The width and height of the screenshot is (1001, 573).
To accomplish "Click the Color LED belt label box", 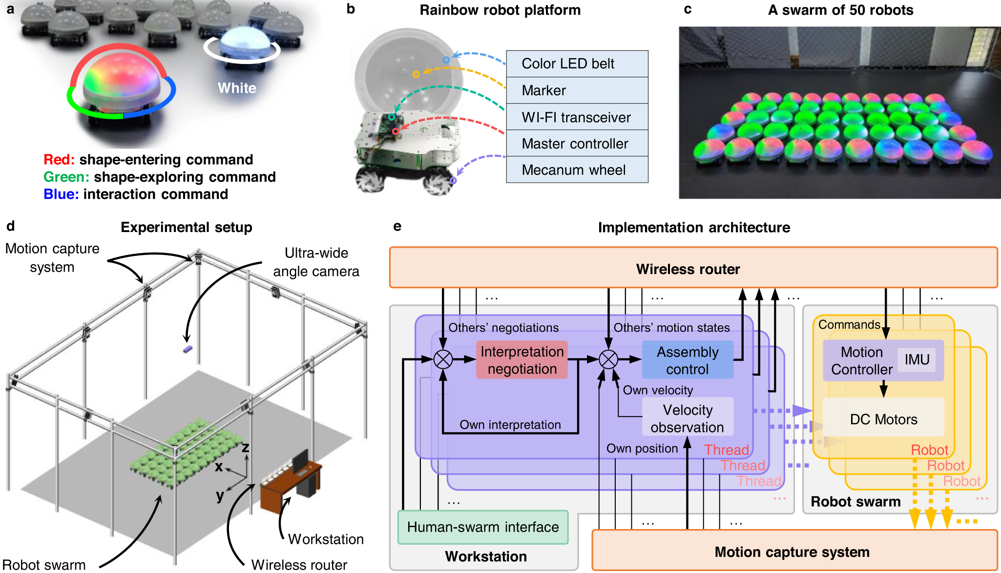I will (577, 64).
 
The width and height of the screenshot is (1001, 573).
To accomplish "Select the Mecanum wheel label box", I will (577, 170).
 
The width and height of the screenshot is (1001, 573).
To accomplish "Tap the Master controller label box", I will (577, 144).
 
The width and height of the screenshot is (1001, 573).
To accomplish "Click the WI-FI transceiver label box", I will (577, 117).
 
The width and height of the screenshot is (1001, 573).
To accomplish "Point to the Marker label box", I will (577, 90).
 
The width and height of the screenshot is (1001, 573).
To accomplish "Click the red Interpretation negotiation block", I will (521, 360).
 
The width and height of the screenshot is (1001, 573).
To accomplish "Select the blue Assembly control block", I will (687, 360).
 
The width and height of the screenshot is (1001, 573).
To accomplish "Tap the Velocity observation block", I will (687, 418).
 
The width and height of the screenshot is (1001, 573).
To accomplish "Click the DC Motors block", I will (883, 418).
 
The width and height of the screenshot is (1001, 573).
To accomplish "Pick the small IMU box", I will (917, 360).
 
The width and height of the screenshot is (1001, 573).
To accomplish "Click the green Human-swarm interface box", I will (482, 527).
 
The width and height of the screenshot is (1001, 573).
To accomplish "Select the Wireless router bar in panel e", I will (693, 268).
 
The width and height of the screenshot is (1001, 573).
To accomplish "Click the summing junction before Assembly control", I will (608, 360).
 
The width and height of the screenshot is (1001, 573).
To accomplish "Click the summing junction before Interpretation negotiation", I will (443, 360).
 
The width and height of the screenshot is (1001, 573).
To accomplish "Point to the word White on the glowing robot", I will (237, 88).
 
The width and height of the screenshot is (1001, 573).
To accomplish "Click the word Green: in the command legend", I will (66, 177).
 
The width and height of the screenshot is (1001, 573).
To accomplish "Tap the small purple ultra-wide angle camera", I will (188, 349).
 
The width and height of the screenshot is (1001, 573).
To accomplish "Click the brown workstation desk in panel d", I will (288, 484).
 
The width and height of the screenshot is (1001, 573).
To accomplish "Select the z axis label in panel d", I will (245, 447).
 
